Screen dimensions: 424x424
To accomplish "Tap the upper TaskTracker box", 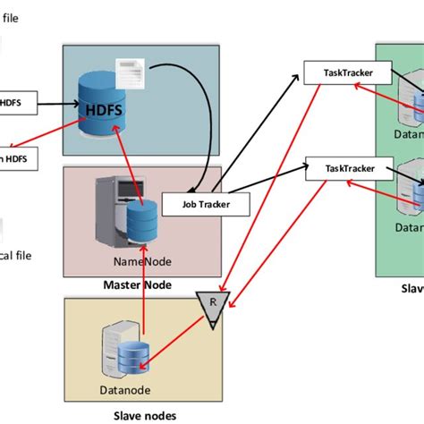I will tap(338, 72).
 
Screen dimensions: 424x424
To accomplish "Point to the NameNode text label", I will tap(136, 261).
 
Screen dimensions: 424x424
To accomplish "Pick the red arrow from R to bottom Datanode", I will tap(179, 335).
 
